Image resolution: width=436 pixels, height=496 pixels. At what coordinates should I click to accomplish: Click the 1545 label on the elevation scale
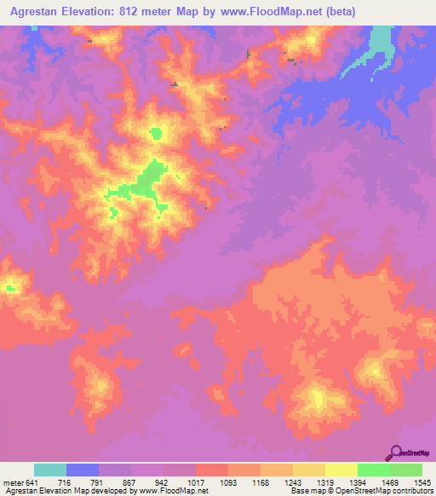[422, 482]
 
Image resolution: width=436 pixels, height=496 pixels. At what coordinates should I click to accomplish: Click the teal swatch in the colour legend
[50, 470]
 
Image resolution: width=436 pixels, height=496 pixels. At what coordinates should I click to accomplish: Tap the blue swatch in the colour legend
[83, 470]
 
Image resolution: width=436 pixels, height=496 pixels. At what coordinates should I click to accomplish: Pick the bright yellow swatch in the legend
[341, 470]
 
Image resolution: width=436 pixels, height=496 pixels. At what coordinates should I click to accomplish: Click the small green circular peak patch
[156, 132]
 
